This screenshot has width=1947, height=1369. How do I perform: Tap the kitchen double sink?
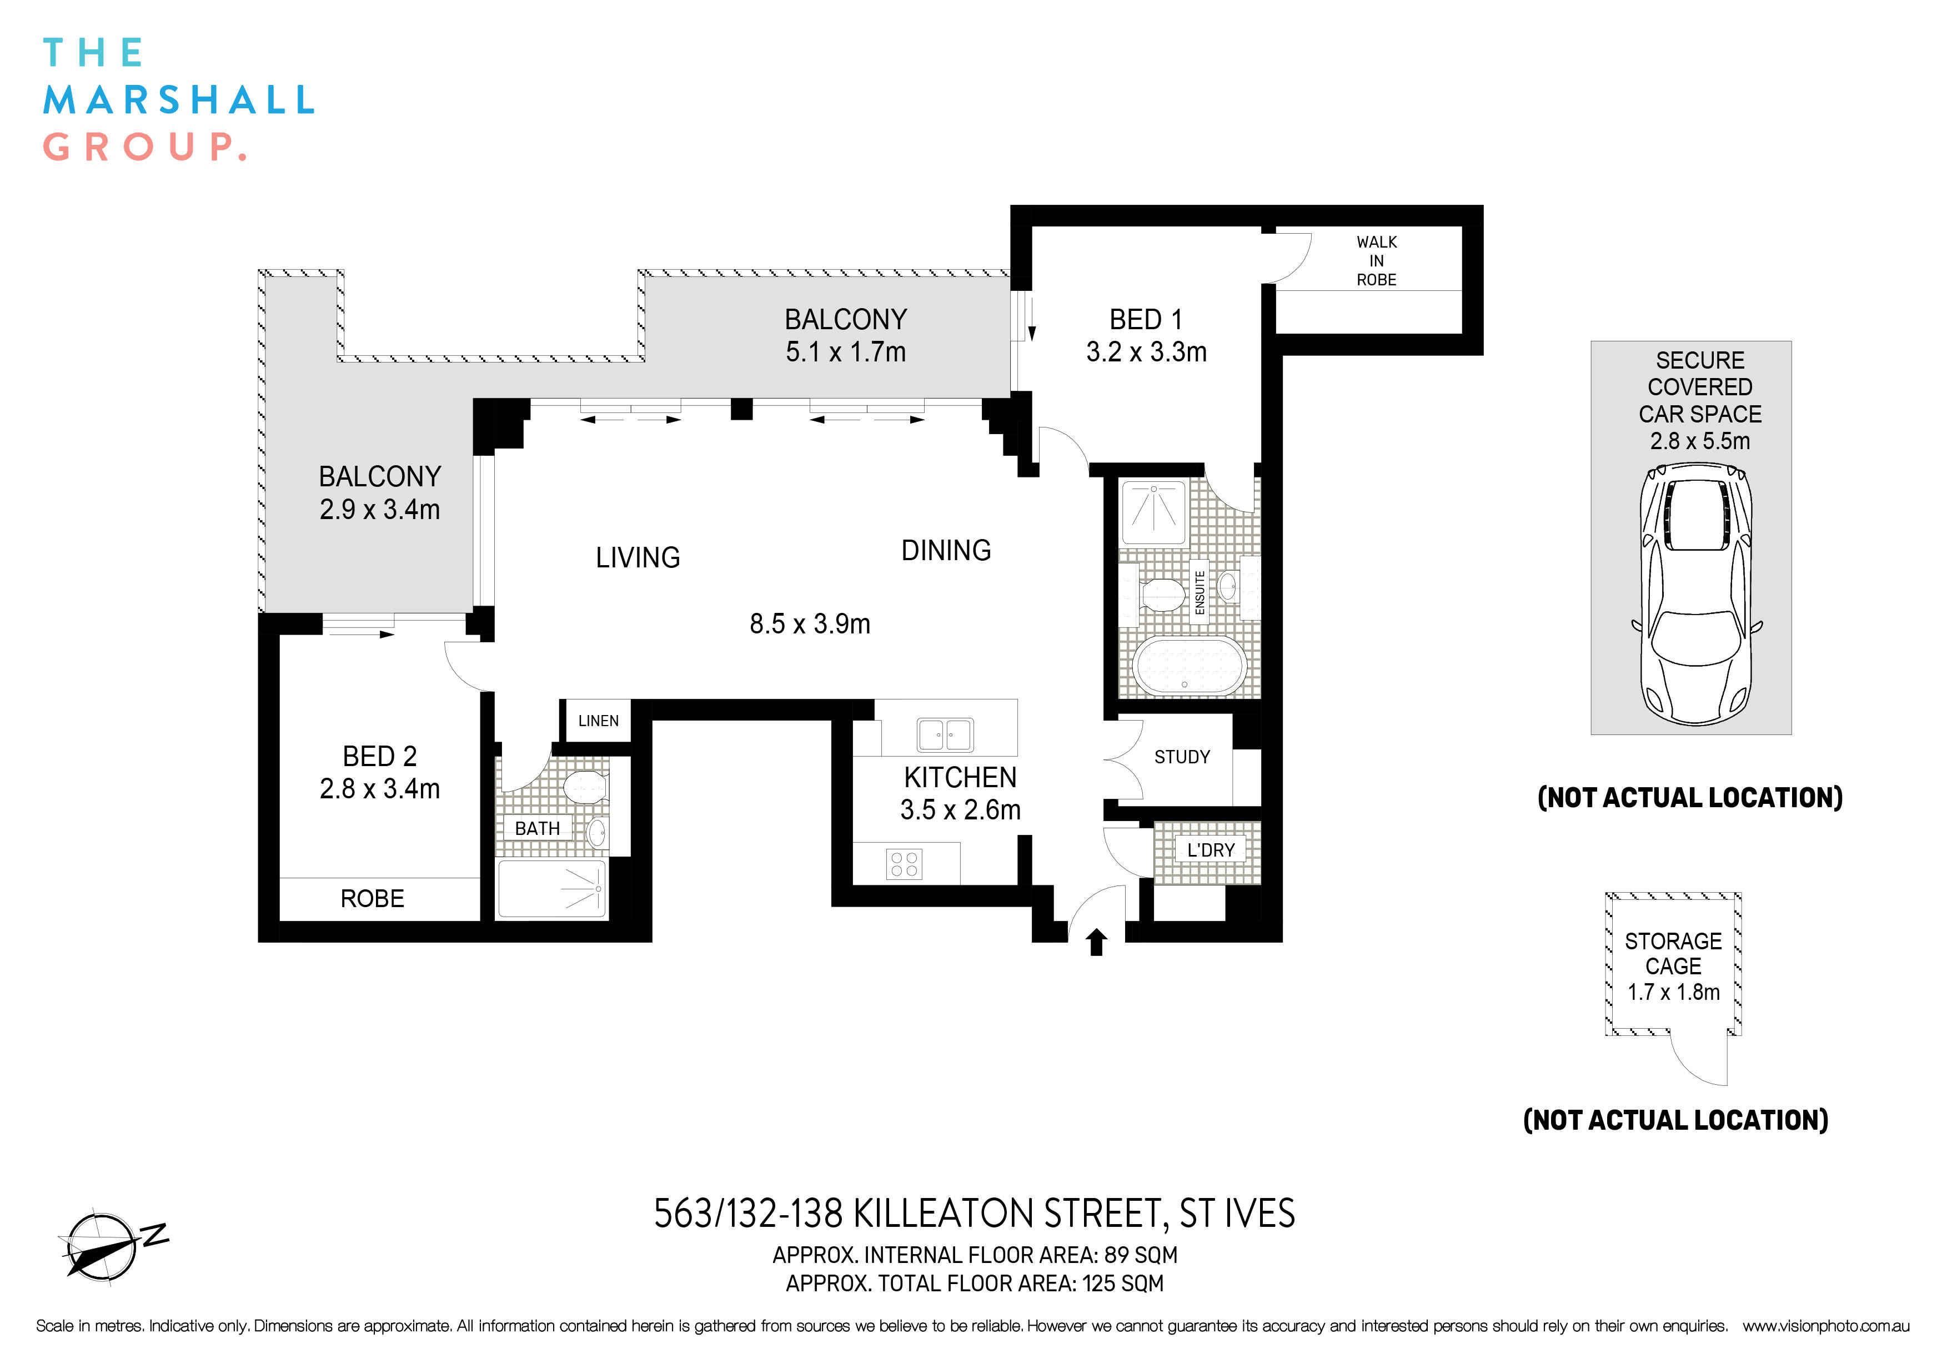pyautogui.click(x=946, y=734)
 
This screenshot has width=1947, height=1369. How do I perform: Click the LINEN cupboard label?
pyautogui.click(x=599, y=721)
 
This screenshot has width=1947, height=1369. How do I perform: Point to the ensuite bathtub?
pyautogui.click(x=1191, y=666)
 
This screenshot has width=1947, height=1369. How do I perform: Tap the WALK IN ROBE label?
pyautogui.click(x=1376, y=261)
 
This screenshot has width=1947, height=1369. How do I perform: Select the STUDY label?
pyautogui.click(x=1182, y=757)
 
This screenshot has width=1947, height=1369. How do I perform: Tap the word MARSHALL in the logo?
pyautogui.click(x=179, y=100)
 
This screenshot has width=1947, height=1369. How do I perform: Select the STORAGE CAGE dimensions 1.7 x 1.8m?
pyautogui.click(x=1673, y=992)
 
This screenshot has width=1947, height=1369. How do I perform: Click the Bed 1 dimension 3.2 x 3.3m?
pyautogui.click(x=1147, y=352)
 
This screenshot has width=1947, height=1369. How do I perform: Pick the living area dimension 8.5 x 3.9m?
pyautogui.click(x=810, y=624)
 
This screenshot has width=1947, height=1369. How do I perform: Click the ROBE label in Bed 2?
pyautogui.click(x=372, y=899)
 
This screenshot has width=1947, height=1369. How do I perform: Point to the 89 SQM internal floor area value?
pyautogui.click(x=1141, y=1255)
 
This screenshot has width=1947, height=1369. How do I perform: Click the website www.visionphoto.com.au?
pyautogui.click(x=1826, y=1326)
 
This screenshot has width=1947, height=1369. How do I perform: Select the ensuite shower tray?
pyautogui.click(x=1153, y=512)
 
